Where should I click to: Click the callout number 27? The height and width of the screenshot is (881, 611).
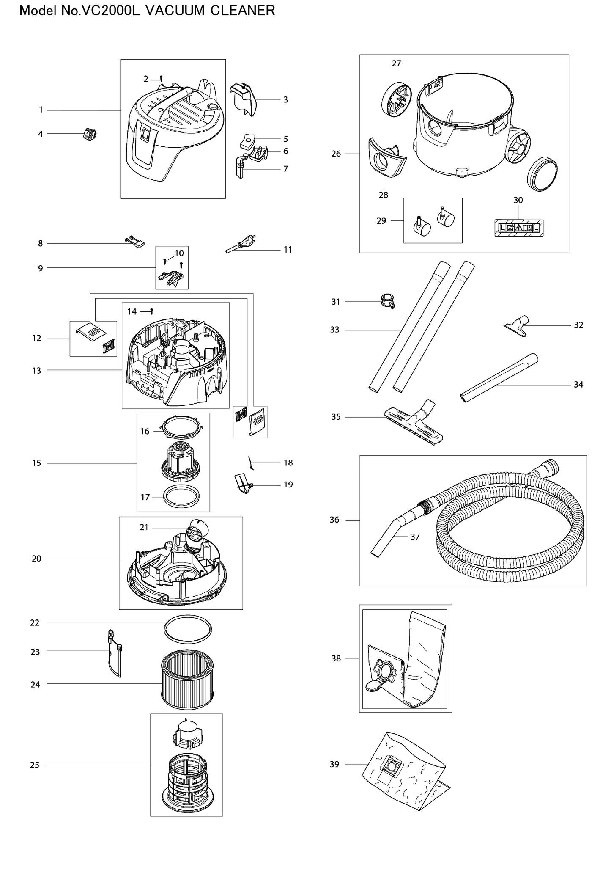[x=396, y=63]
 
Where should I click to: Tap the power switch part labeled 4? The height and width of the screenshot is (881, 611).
[x=90, y=134]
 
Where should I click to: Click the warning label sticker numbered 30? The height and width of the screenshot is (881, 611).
[x=519, y=228]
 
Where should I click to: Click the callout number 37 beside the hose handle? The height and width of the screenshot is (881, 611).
[x=415, y=537]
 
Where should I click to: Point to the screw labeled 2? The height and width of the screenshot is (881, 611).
[x=161, y=79]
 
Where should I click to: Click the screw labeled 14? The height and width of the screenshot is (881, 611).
[x=151, y=311]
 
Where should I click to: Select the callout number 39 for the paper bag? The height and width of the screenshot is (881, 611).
[x=334, y=764]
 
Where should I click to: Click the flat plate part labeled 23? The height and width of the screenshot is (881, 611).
[x=114, y=653]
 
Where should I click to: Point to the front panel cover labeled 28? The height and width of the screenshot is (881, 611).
[x=386, y=158]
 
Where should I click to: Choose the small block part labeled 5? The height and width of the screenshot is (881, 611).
[x=248, y=140]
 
